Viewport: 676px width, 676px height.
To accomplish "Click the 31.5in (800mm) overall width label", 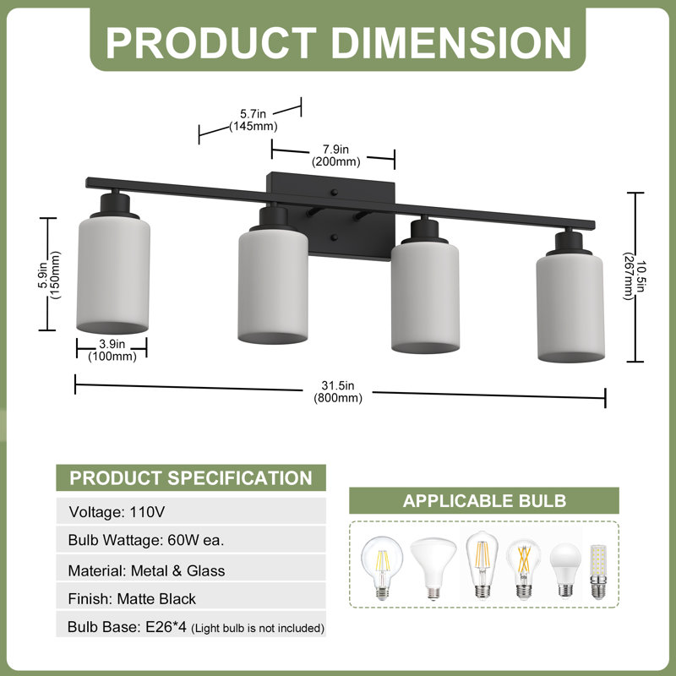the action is point(338,391).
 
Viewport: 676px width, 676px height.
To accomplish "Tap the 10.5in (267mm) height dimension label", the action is point(635,276).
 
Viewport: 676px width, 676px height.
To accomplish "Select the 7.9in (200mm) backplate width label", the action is point(335,155).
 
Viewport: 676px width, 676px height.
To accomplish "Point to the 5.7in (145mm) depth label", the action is point(253,120).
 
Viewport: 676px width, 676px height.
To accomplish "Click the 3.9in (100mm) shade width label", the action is point(112,350).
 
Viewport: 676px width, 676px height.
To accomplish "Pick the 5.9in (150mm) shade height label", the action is point(49,275).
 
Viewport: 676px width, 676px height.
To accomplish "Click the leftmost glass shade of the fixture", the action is point(113,275).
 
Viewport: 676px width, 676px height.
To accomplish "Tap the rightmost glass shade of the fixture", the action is point(570,308).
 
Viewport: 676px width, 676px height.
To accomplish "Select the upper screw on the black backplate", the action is point(335,193).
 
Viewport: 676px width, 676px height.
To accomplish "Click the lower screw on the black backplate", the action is point(335,237).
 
